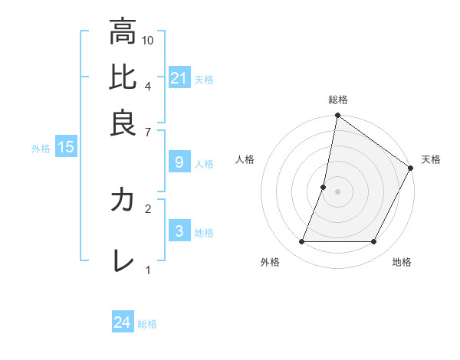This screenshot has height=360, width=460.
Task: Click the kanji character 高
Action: [123, 32]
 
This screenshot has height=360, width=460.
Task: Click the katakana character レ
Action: [123, 260]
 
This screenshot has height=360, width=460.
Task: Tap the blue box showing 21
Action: [179, 78]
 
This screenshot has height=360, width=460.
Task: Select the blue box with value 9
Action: [179, 162]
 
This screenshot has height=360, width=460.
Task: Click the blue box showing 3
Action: [179, 231]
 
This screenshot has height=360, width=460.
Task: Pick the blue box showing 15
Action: [66, 148]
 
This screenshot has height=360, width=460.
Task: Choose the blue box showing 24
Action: [123, 322]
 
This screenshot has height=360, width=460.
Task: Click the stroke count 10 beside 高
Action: [149, 40]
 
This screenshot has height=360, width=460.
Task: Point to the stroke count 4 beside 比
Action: [148, 86]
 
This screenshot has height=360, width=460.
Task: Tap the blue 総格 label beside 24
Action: [147, 324]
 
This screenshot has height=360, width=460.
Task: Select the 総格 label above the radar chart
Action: [338, 100]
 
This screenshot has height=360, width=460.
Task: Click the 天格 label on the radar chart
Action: [431, 159]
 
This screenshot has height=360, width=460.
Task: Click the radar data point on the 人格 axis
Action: [324, 187]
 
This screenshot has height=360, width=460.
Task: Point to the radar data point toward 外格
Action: [302, 242]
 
